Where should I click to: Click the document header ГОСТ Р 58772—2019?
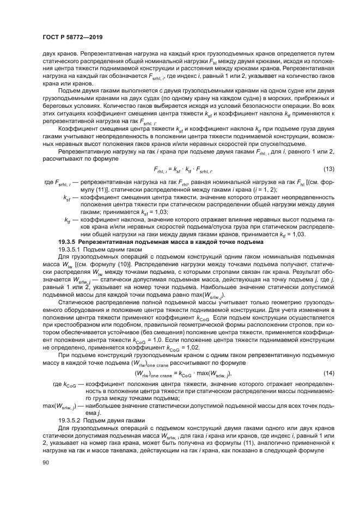72,37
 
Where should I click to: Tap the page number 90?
45,463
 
